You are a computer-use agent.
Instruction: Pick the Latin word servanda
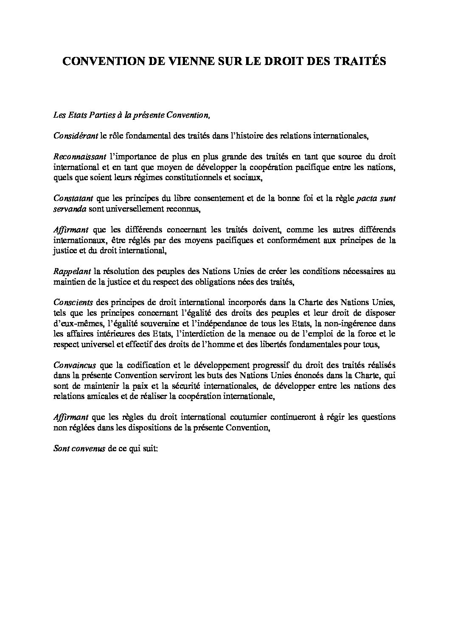(70, 208)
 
